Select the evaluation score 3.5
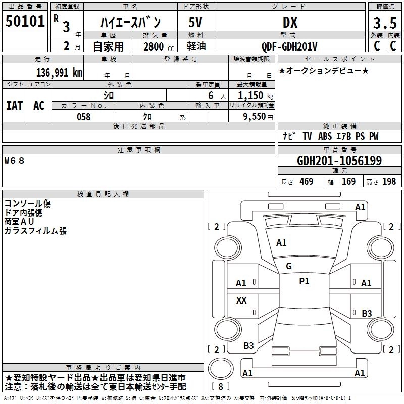pos(384,23)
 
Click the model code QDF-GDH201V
pos(289,46)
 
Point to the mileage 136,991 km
pos(59,72)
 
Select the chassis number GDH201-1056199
pos(339,161)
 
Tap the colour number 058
pos(83,117)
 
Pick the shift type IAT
pos(14,105)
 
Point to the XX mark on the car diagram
pos(241,300)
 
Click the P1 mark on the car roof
pos(304,281)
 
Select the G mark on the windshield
pos(289,266)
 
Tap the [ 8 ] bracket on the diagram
pos(220,387)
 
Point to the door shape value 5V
pos(195,22)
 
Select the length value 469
pos(306,181)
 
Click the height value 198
pos(389,181)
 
